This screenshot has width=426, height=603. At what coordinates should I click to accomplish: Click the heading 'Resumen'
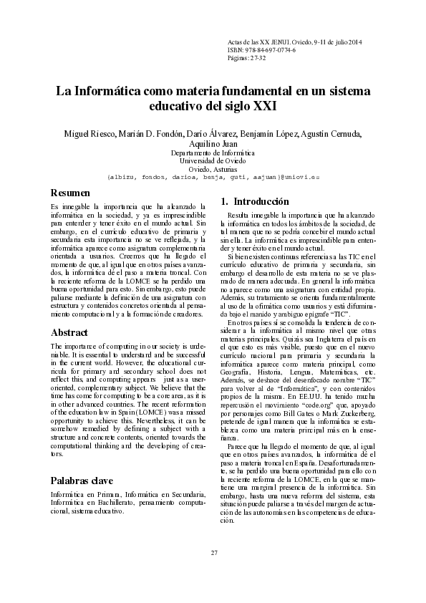70,193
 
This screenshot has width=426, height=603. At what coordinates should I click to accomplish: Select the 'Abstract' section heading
69,333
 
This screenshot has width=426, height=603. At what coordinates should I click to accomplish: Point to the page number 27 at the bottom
213,571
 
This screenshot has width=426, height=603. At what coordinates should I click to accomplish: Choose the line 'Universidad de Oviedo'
213,161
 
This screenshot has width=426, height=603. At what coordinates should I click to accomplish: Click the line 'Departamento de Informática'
213,153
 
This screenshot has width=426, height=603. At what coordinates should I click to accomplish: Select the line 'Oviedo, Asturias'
213,169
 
